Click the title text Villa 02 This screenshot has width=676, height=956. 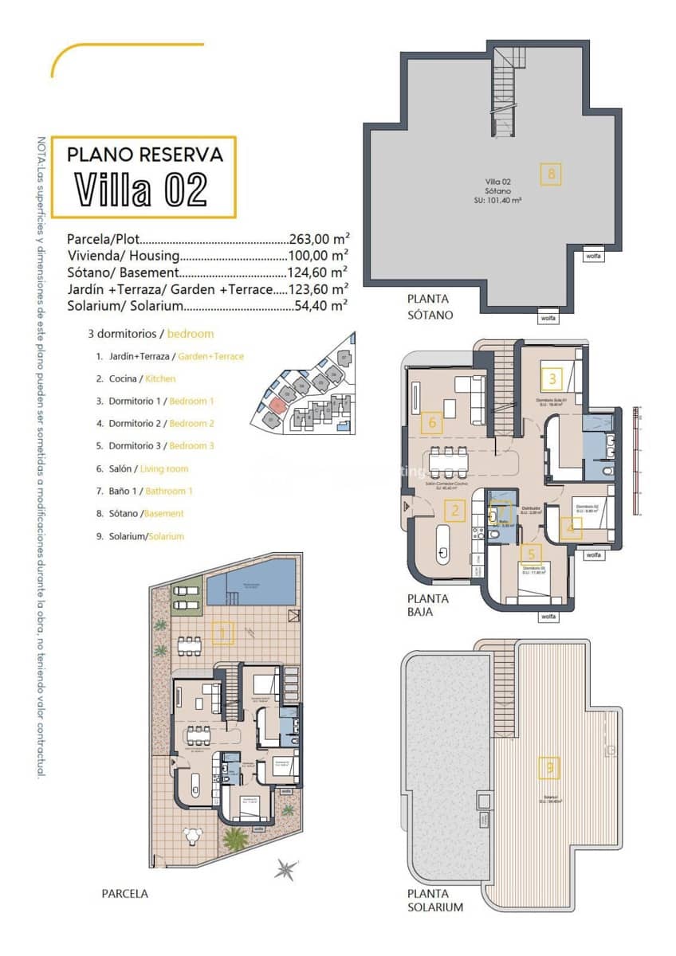[142, 190]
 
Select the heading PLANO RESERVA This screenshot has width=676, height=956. [143, 154]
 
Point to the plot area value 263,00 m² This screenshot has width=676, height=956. [319, 239]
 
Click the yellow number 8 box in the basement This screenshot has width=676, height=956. [550, 174]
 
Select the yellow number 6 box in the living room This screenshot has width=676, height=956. [431, 422]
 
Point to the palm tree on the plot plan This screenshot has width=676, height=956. [235, 838]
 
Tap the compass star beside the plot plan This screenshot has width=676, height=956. [286, 869]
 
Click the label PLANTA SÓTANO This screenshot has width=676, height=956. [430, 307]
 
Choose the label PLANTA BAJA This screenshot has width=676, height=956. [428, 605]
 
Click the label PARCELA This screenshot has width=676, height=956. [124, 894]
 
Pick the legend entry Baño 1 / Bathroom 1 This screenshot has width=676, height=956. [144, 492]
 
